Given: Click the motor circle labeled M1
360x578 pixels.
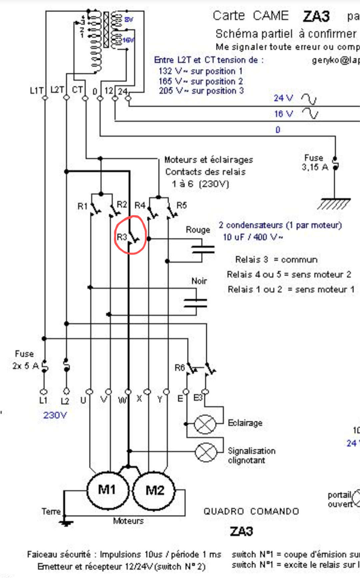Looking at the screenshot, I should (107, 490).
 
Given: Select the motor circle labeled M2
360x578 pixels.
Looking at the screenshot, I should (154, 491).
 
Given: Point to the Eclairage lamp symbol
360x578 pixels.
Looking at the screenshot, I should (205, 424).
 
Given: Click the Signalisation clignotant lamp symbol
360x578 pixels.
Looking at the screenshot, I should (206, 452).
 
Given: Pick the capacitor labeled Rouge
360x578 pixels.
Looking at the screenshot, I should (203, 250).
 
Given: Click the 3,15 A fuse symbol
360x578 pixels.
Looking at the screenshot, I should (335, 164).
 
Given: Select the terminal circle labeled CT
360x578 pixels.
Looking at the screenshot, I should (85, 98).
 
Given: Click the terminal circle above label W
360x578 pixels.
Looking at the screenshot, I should (128, 391).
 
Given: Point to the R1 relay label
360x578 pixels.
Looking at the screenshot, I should (82, 207).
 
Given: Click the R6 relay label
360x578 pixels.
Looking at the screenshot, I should (180, 368).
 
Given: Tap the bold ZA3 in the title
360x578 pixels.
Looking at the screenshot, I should (316, 16).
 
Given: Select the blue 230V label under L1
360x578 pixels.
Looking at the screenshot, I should (55, 415).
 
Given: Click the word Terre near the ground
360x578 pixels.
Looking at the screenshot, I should (51, 511).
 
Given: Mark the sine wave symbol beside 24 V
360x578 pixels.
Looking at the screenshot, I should (309, 99).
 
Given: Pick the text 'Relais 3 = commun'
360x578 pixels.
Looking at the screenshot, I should (276, 260).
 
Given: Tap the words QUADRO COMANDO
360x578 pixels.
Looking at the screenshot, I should (251, 511).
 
